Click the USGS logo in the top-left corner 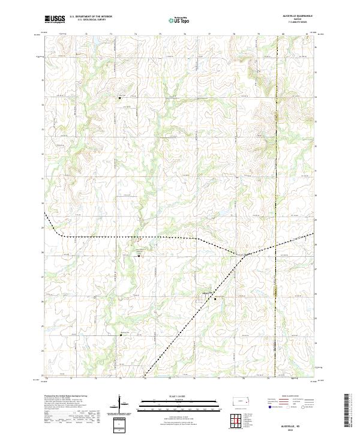pyautogui.click(x=55, y=20)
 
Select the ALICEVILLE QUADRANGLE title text pyautogui.click(x=290, y=16)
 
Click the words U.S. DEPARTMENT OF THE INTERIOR pyautogui.click(x=91, y=17)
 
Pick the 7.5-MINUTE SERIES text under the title pyautogui.click(x=290, y=23)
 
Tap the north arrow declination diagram pyautogui.click(x=119, y=403)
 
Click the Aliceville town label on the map pyautogui.click(x=207, y=293)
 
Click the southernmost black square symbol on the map pyautogui.click(x=121, y=335)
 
